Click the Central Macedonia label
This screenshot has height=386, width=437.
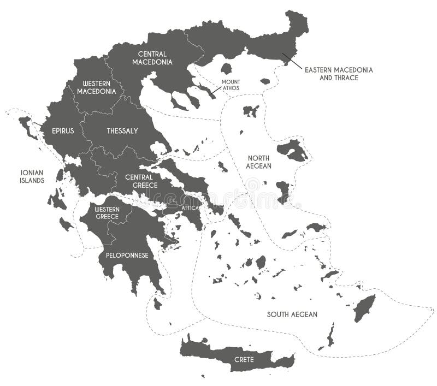[x=152, y=58]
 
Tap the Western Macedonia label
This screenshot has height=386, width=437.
[x=96, y=87]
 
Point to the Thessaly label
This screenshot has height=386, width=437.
[x=122, y=131]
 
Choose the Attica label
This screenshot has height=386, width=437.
[x=190, y=208]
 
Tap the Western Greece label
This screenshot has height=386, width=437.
[x=107, y=213]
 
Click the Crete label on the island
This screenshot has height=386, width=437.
[x=244, y=359]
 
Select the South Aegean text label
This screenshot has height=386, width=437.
[x=292, y=314]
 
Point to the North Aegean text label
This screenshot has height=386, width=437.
[x=258, y=161]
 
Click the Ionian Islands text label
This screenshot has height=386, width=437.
[x=32, y=176]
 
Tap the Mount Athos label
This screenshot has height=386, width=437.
[x=231, y=85]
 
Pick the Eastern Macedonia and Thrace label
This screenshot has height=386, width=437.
[x=339, y=74]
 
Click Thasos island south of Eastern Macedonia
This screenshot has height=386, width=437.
[x=226, y=69]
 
